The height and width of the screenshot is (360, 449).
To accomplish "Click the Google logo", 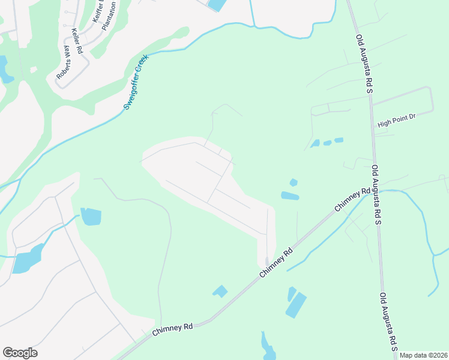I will (20, 353).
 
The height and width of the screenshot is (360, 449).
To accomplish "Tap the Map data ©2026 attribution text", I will (424, 355).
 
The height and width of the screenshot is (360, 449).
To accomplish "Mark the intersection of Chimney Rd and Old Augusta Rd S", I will (376, 190).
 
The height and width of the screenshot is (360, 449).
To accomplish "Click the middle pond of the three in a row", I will (327, 143).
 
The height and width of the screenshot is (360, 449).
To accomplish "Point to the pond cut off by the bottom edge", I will (268, 347).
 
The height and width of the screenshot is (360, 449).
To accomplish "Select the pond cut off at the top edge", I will (214, 5).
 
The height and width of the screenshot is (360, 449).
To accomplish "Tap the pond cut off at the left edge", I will (5, 69).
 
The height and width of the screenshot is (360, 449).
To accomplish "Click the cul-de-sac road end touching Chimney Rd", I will (267, 262).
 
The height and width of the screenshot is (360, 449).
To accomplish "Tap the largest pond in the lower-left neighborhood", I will (27, 258).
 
